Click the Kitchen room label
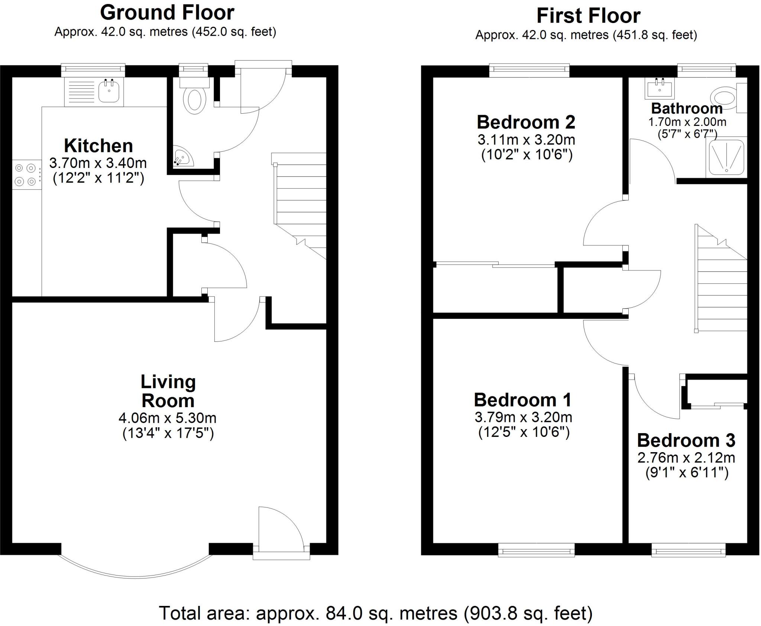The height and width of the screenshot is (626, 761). (x=98, y=146)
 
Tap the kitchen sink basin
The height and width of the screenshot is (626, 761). (x=109, y=92)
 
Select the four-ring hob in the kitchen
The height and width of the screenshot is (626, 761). (x=26, y=175)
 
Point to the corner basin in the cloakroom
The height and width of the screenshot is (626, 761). (x=183, y=158)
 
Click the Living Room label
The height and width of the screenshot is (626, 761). (x=168, y=391)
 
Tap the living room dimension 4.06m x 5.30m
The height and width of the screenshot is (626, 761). (x=167, y=418)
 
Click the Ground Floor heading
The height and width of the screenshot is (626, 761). (x=167, y=13)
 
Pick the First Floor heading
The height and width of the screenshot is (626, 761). (x=588, y=16)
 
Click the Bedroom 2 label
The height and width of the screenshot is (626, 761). (x=526, y=122)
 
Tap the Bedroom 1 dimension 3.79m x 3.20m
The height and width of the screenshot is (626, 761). (x=523, y=417)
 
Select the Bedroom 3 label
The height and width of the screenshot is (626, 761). (x=686, y=440)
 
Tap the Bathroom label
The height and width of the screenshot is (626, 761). (x=687, y=108)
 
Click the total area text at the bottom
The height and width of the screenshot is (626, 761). (x=376, y=613)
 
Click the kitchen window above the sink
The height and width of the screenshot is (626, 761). (x=93, y=68)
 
